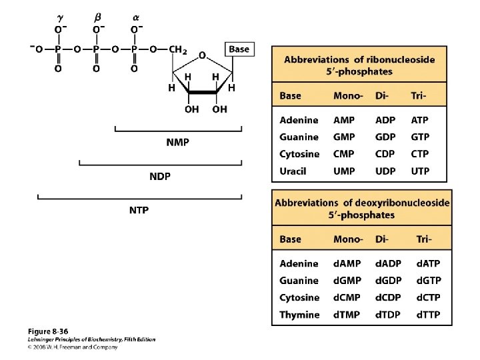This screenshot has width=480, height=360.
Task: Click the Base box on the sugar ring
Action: tap(239, 49)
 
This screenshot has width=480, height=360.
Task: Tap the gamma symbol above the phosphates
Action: tap(59, 17)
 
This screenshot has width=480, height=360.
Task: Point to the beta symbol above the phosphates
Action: tap(97, 17)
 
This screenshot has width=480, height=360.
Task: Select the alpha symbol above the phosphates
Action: tap(135, 17)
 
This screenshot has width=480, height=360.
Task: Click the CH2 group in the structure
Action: tap(177, 49)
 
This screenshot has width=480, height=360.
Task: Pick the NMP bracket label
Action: tap(177, 142)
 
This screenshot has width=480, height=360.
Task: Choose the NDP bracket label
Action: tap(159, 176)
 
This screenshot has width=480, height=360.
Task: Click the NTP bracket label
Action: tap(139, 210)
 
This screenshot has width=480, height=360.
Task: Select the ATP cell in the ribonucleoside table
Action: tap(419, 120)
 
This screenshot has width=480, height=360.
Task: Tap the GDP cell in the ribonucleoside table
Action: tap(385, 137)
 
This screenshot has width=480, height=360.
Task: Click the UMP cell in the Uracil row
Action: tap(344, 171)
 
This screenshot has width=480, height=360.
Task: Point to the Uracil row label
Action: tap(293, 171)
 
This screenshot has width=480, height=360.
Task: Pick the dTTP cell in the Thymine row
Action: tap(428, 315)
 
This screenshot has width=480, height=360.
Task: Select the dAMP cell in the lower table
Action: tap(347, 264)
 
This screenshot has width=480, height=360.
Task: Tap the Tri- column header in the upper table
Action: tap(418, 96)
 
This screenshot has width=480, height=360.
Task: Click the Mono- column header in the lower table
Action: tap(348, 239)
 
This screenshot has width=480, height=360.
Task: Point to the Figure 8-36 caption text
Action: tap(48, 331)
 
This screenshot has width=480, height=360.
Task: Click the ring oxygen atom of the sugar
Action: tap(201, 55)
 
